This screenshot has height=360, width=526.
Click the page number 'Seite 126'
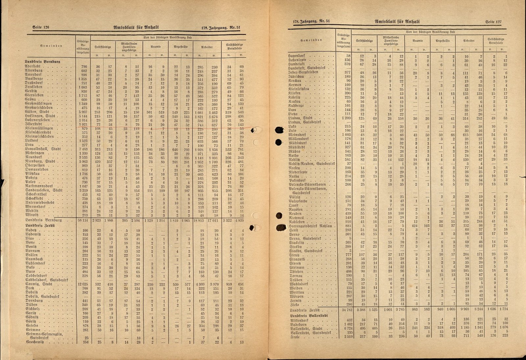[40, 28]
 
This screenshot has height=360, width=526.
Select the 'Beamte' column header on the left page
[155, 47]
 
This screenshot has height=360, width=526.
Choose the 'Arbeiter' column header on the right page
[469, 41]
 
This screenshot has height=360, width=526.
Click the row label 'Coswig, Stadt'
[39, 284]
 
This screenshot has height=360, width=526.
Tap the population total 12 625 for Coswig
[84, 284]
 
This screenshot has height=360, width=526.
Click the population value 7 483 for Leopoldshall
[84, 149]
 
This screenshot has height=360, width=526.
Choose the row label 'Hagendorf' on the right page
[298, 56]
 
